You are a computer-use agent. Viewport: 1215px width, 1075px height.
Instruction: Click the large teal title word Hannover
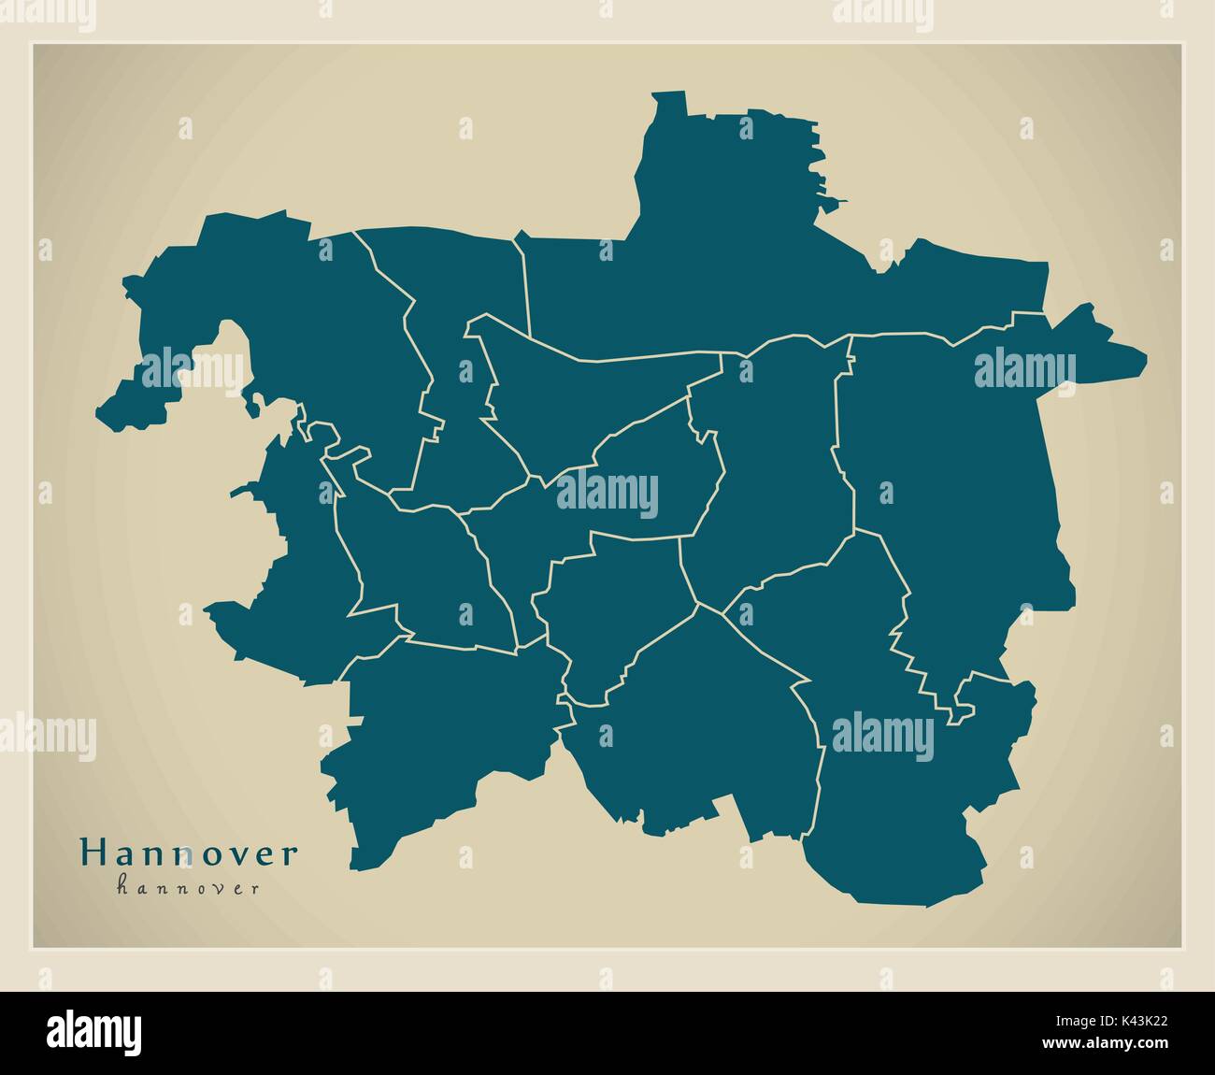190,853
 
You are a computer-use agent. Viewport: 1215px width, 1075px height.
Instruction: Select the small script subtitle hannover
188,888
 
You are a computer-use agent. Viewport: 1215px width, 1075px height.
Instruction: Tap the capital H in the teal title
93,853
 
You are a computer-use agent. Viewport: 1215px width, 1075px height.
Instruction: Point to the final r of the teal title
293,853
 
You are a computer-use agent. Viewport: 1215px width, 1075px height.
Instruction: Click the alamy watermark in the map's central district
607,494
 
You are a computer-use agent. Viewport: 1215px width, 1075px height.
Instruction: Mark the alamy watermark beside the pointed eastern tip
1025,370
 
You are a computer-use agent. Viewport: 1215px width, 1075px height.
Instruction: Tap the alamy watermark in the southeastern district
882,734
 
